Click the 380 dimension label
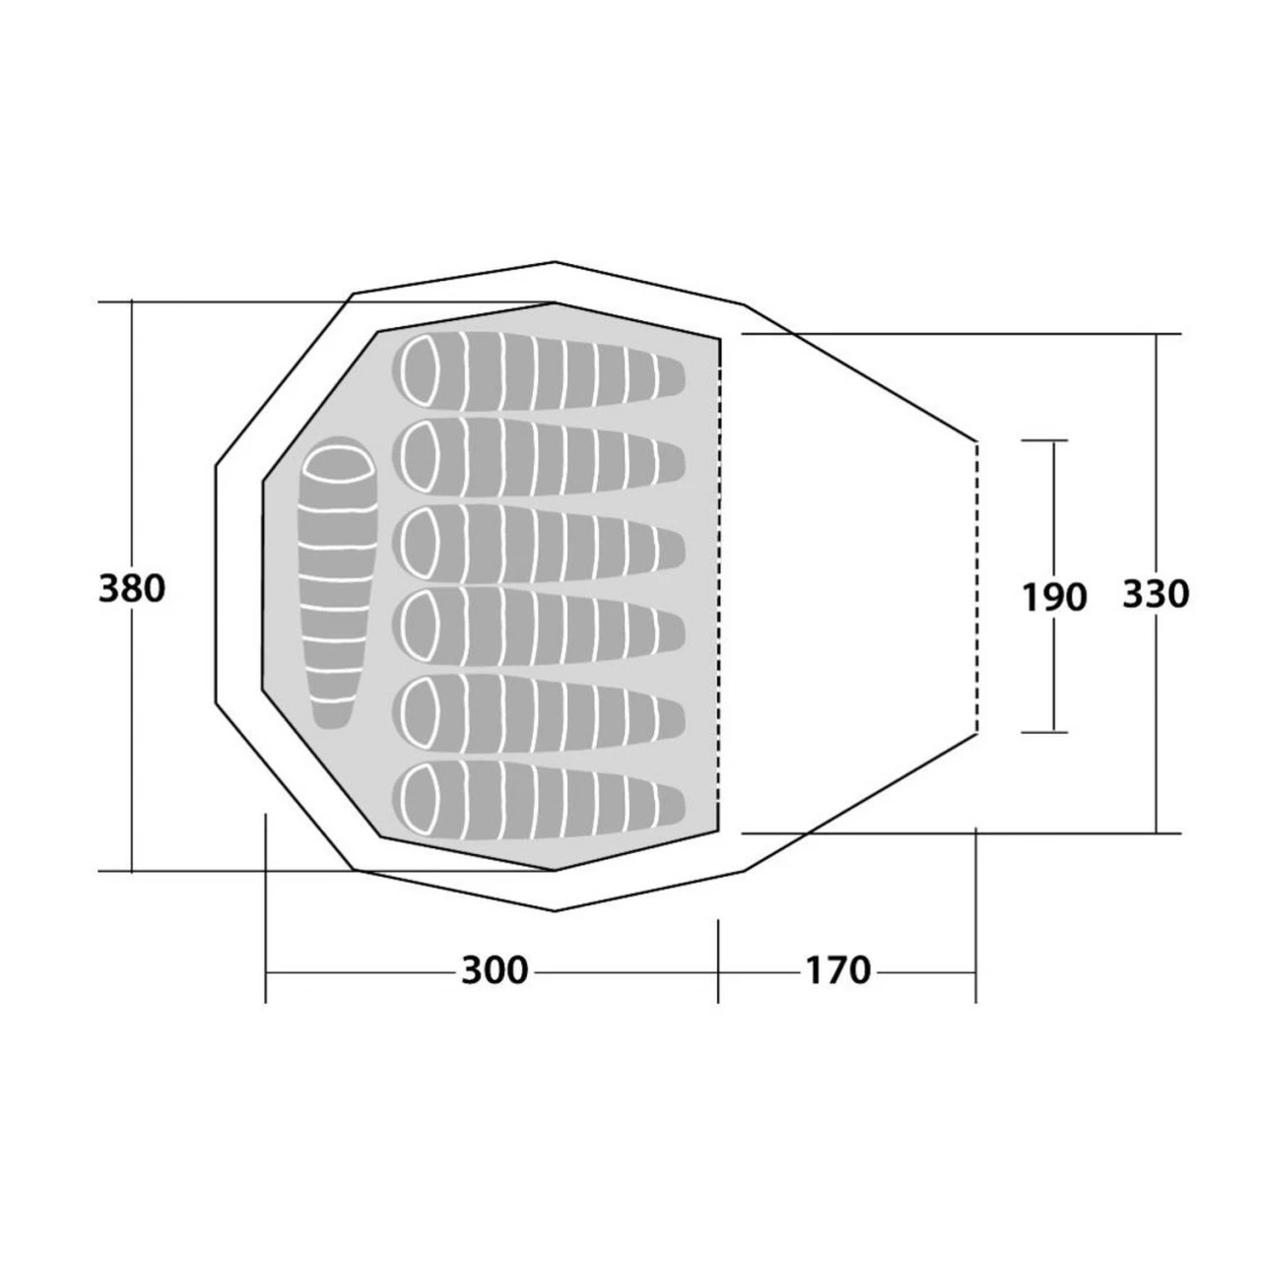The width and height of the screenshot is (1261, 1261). coord(132,588)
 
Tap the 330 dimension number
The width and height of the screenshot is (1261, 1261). coord(1156,594)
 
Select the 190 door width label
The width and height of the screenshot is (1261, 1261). coord(1054,597)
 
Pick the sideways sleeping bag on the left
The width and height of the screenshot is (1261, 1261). coord(337,582)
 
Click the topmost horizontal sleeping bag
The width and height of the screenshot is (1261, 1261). coord(539,371)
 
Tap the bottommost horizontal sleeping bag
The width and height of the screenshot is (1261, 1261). coord(539,800)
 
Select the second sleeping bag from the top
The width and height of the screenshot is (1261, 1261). coord(539,457)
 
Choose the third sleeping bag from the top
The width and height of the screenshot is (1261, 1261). coord(539,543)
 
